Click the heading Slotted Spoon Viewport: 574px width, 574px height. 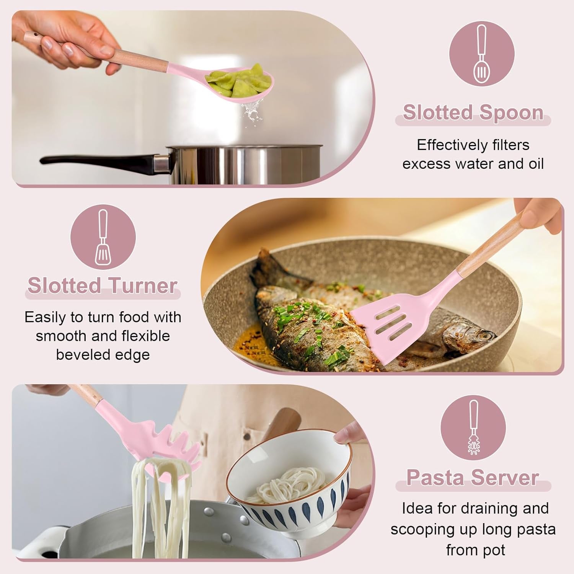pyautogui.click(x=473, y=113)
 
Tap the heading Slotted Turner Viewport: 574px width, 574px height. pyautogui.click(x=102, y=286)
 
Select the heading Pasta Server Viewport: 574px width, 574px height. pyautogui.click(x=473, y=478)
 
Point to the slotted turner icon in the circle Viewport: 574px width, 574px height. pyautogui.click(x=103, y=237)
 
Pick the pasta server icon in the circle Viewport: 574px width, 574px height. pyautogui.click(x=473, y=428)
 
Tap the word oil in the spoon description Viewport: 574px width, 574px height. pyautogui.click(x=536, y=164)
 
